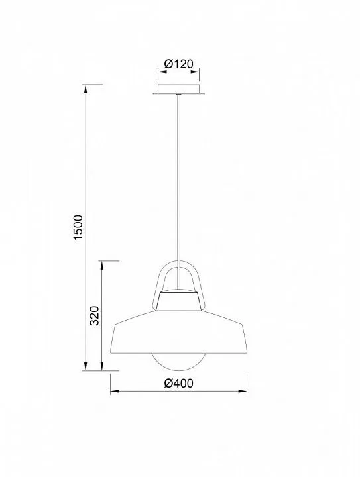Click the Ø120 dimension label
point(178,64)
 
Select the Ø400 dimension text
point(178,383)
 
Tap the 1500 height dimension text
point(78,227)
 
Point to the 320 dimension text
point(95,315)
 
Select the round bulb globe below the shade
point(178,362)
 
